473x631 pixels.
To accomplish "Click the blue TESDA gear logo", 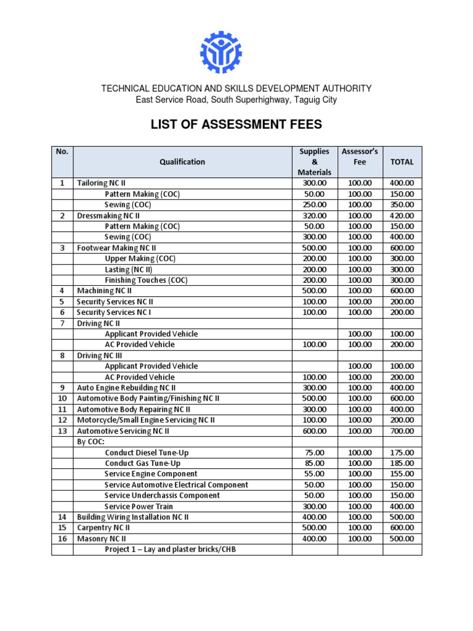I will [x=221, y=51].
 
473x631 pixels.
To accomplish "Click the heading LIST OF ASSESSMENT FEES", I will [x=236, y=125].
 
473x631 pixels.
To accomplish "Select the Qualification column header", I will [x=182, y=161].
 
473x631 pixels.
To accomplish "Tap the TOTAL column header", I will [x=402, y=161].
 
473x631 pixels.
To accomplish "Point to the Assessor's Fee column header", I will [x=360, y=157].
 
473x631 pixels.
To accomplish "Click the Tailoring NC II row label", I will [x=100, y=183].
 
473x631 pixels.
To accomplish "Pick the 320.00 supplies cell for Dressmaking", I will [x=315, y=216].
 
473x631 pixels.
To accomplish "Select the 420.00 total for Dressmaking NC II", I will [x=402, y=216].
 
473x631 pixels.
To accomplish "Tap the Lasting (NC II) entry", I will [x=133, y=269].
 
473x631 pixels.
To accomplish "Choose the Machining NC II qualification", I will [x=104, y=291].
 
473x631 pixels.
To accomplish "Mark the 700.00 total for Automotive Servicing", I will [x=402, y=431].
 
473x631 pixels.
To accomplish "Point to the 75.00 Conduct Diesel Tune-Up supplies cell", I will [x=315, y=452].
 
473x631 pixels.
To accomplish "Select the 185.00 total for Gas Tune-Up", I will [x=402, y=463].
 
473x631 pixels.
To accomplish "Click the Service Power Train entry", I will [x=139, y=506].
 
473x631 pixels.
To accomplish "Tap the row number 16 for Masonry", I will [x=62, y=539].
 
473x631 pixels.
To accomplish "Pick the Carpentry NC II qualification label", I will [x=103, y=527].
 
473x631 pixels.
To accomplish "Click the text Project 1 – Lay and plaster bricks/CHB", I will [x=170, y=549].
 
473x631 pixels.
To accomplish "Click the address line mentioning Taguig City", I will [x=236, y=99].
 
